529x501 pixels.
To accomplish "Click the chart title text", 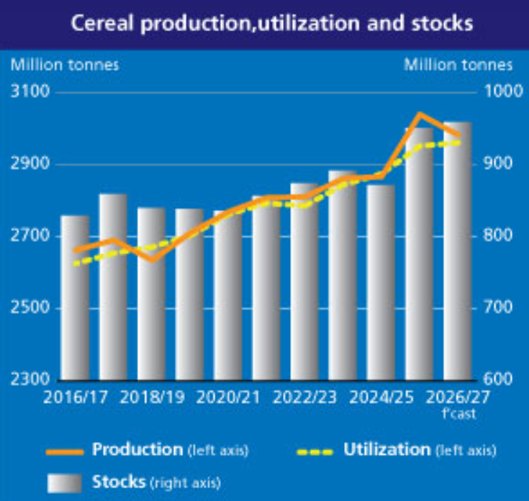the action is (x=272, y=23).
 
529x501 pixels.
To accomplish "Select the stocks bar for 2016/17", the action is (x=75, y=297).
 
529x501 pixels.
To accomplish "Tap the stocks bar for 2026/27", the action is (x=458, y=251).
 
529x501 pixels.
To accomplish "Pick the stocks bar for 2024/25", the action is (x=381, y=282).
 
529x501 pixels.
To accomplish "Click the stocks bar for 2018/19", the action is (x=151, y=294).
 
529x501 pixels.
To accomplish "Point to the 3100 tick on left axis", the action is (x=30, y=91).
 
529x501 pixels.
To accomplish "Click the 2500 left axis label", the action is (x=30, y=307).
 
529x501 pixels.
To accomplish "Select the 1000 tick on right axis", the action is (x=503, y=91).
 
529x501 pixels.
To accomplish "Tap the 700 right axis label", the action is (x=498, y=307).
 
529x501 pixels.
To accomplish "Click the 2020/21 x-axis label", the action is (x=228, y=397).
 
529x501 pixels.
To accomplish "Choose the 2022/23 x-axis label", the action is (x=304, y=397).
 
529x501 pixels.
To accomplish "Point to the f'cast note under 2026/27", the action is (x=459, y=414).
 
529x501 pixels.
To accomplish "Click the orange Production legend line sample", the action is (x=65, y=452).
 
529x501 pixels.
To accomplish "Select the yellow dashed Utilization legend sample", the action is (x=315, y=452).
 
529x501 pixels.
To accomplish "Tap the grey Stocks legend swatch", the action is (x=65, y=483).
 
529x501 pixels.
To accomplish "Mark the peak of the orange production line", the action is (x=420, y=114).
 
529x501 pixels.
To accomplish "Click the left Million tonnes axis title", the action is (x=65, y=65).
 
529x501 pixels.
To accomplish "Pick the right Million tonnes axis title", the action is (x=458, y=65).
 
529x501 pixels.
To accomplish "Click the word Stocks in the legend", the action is (x=119, y=482).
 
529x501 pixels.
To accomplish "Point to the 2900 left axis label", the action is (x=30, y=163).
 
